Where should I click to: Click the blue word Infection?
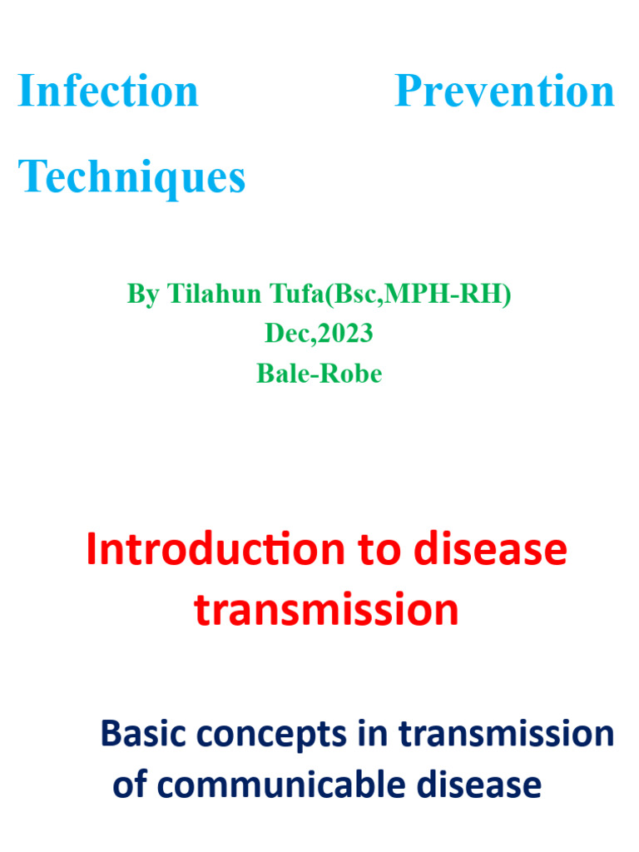108,91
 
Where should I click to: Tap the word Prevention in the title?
504,91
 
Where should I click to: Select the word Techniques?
132,176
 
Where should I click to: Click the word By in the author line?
142,294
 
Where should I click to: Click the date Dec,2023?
319,334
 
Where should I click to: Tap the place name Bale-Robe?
319,374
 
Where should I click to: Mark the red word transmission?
326,611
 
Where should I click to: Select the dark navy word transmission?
506,735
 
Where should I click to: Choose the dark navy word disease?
487,785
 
